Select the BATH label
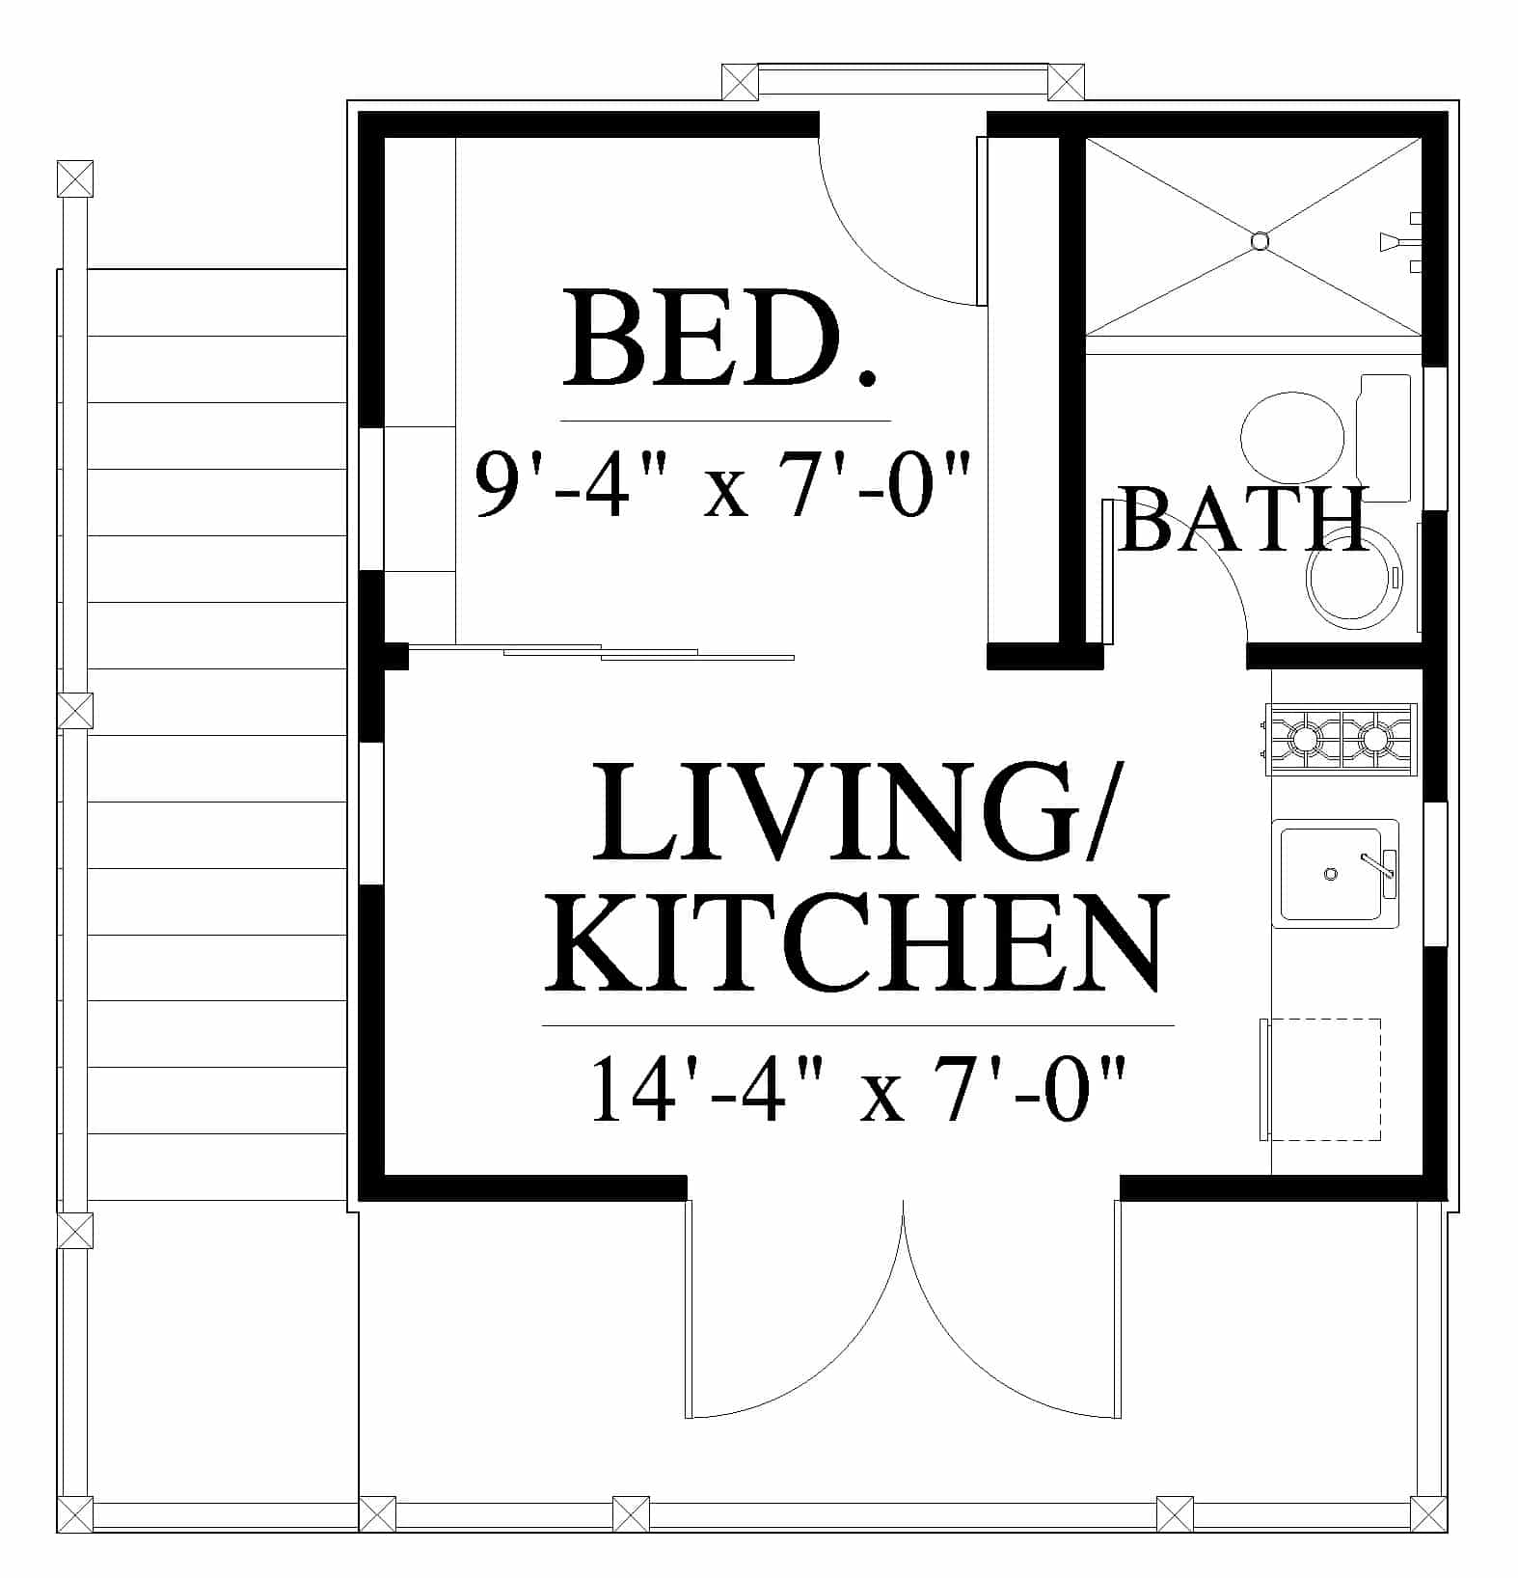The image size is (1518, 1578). pyautogui.click(x=1243, y=519)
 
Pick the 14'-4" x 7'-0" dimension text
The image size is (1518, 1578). pyautogui.click(x=858, y=1089)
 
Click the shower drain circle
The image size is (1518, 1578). pyautogui.click(x=1260, y=241)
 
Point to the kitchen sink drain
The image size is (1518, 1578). pyautogui.click(x=1331, y=874)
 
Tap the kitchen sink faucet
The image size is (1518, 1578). pyautogui.click(x=1380, y=863)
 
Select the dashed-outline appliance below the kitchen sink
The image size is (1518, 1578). pyautogui.click(x=1320, y=1079)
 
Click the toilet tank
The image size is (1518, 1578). pyautogui.click(x=1383, y=438)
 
